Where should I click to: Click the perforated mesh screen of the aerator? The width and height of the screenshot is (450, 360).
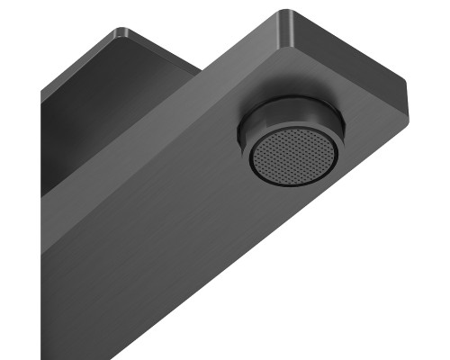(295, 154)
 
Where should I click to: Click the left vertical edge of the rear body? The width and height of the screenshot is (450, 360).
(41, 144)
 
